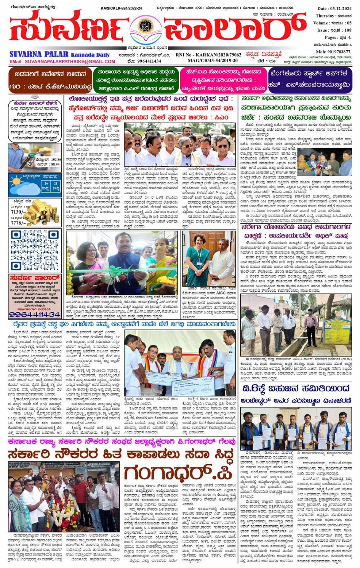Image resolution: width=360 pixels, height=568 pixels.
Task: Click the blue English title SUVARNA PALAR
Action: pyautogui.click(x=39, y=55)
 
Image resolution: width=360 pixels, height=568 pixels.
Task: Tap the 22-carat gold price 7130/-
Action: pyautogui.click(x=19, y=212)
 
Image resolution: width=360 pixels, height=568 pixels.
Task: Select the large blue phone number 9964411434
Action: pyautogui.click(x=35, y=314)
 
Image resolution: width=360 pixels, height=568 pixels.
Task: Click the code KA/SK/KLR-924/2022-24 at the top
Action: pyautogui.click(x=121, y=8)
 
